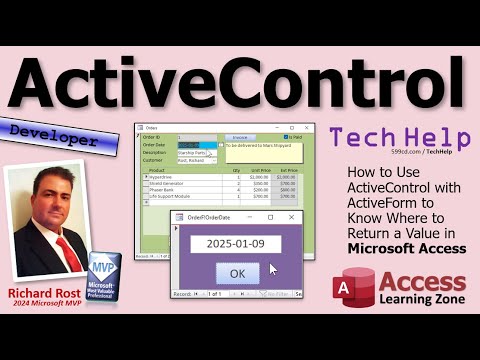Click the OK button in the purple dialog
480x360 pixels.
(236, 273)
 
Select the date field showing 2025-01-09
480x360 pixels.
(236, 243)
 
